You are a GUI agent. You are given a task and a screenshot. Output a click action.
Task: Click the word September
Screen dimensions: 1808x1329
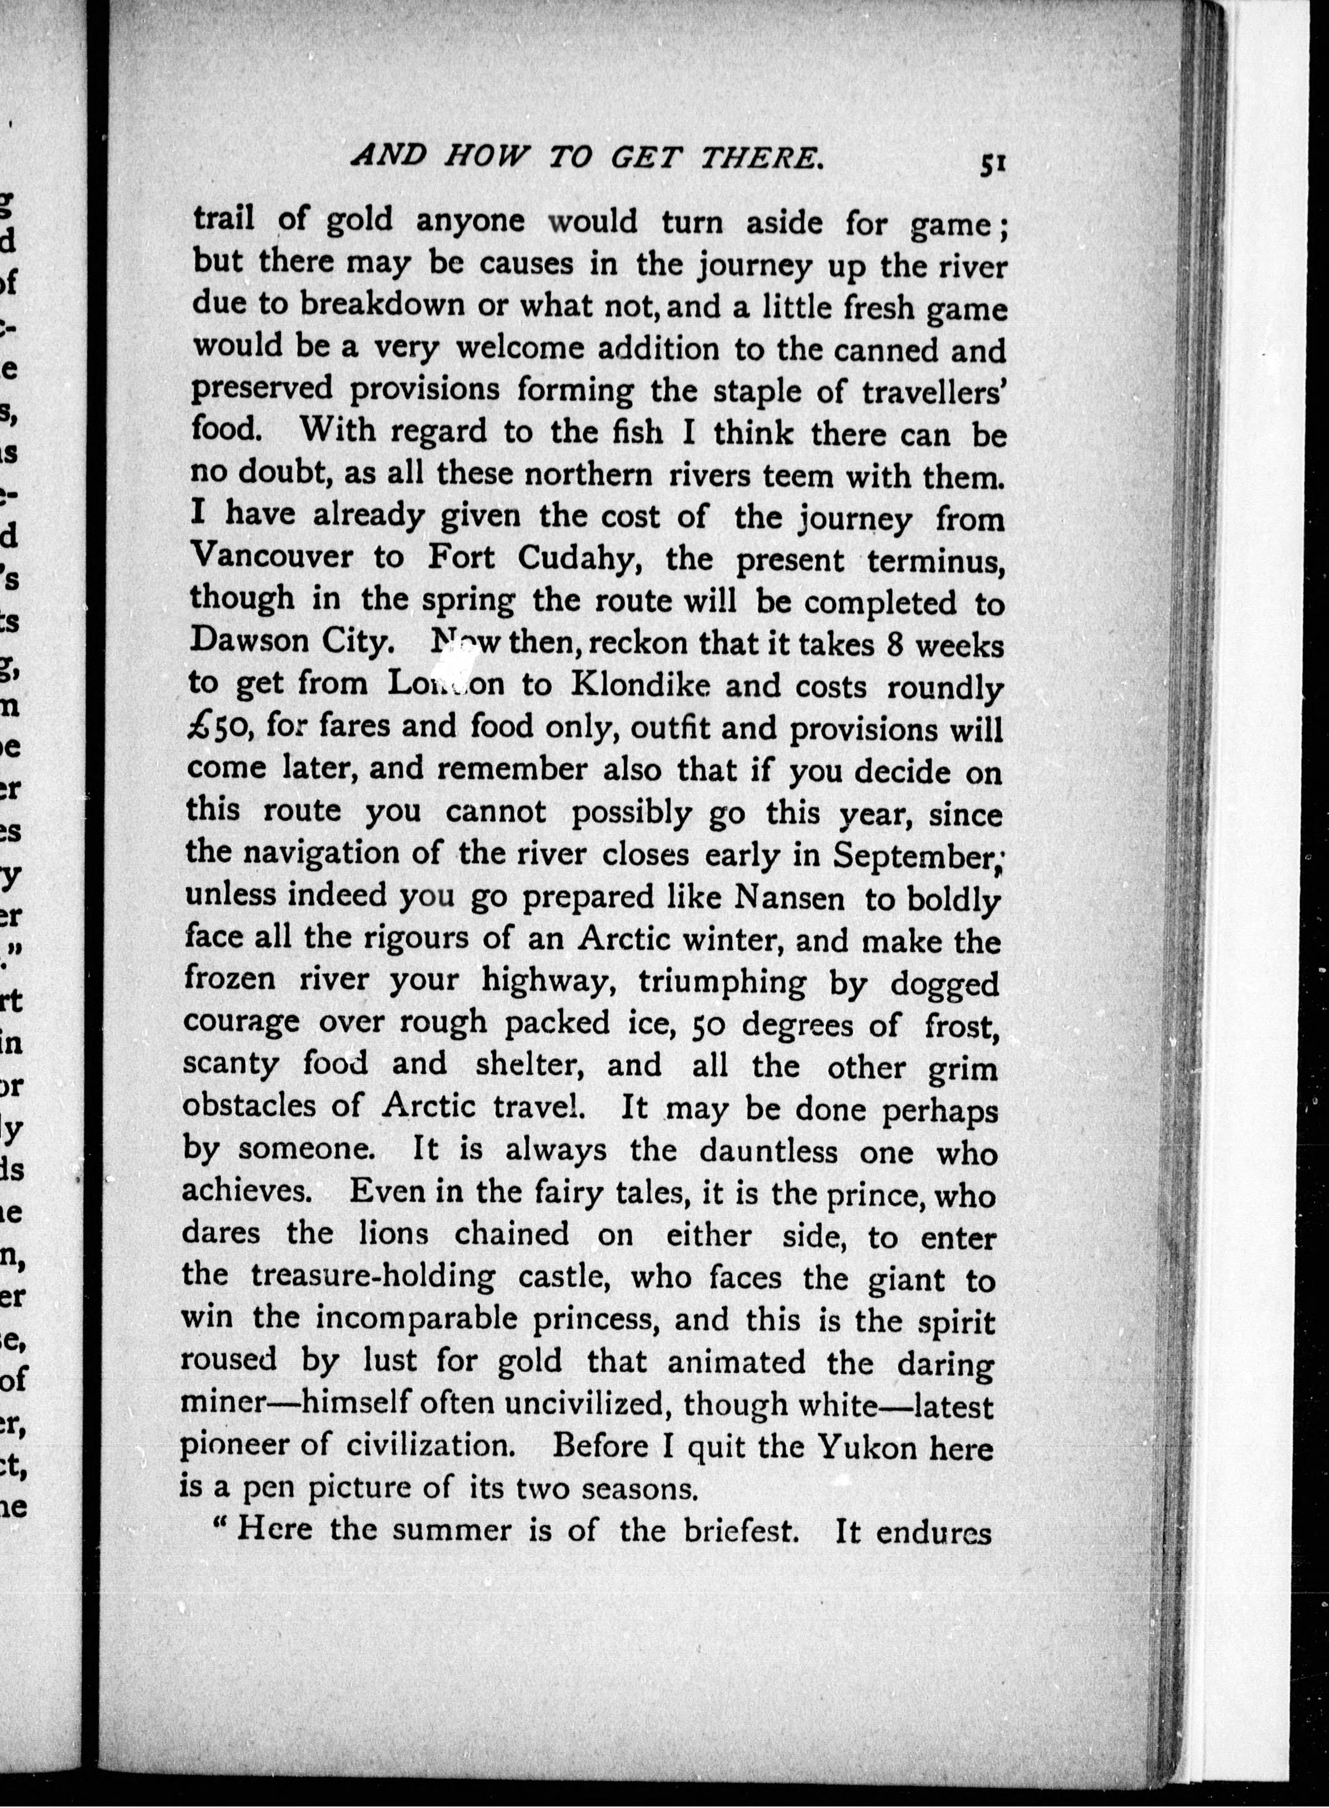coord(915,854)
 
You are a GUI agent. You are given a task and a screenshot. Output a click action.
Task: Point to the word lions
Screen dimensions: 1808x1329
coord(384,1234)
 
